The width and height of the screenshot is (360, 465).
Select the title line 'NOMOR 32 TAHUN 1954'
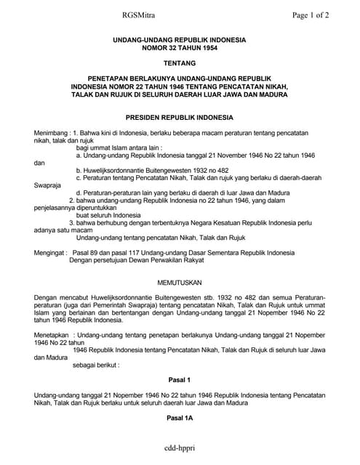coord(179,47)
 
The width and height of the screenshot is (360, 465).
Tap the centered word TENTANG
coord(179,64)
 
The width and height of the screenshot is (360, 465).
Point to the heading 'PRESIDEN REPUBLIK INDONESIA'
coord(179,117)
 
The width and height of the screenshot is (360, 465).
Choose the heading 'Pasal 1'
coord(179,380)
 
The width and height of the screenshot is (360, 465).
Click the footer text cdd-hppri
coord(180,450)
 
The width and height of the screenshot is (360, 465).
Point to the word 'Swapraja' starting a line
coord(48,185)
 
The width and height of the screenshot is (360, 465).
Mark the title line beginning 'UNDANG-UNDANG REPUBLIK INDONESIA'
coord(179,39)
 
